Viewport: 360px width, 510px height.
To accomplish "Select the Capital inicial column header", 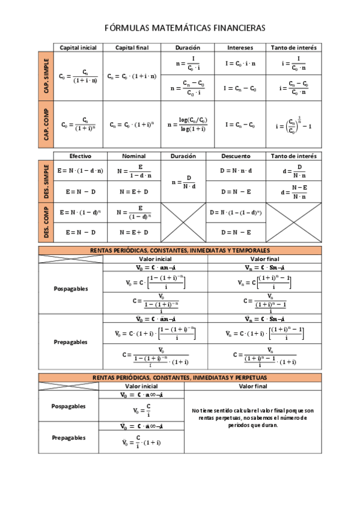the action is (x=78, y=48).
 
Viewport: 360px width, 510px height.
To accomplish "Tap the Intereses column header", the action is (x=240, y=48).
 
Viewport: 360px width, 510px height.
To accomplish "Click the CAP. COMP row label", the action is (x=46, y=124).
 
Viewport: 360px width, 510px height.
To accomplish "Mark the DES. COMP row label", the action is (x=46, y=223).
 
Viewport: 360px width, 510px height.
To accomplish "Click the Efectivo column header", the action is (x=80, y=156).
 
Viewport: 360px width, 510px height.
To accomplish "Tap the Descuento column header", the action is (x=236, y=156).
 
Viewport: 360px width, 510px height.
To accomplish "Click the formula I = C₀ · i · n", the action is (x=240, y=63).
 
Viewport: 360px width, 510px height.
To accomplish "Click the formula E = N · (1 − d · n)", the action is (x=80, y=170).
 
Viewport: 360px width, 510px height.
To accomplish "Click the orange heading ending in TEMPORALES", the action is (x=180, y=250).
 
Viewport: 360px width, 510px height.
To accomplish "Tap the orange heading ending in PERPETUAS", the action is (x=180, y=377).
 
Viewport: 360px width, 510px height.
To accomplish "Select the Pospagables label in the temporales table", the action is (x=70, y=288).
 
